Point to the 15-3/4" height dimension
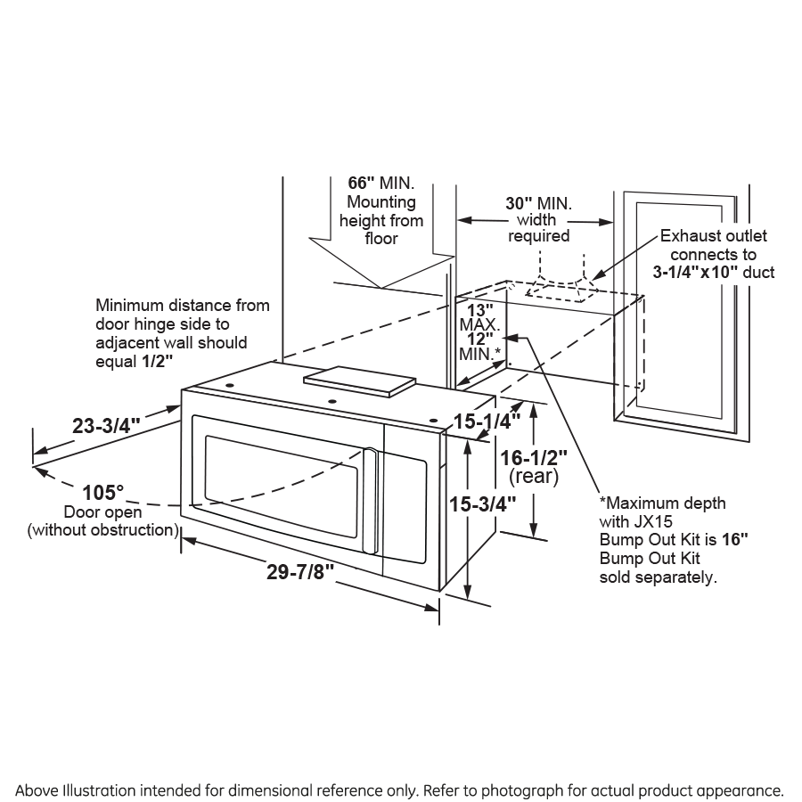point(483,503)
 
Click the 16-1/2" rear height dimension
point(533,457)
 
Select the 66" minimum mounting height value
point(362,182)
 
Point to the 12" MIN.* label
point(480,339)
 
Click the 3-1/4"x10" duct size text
point(696,272)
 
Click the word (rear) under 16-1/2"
point(533,477)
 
